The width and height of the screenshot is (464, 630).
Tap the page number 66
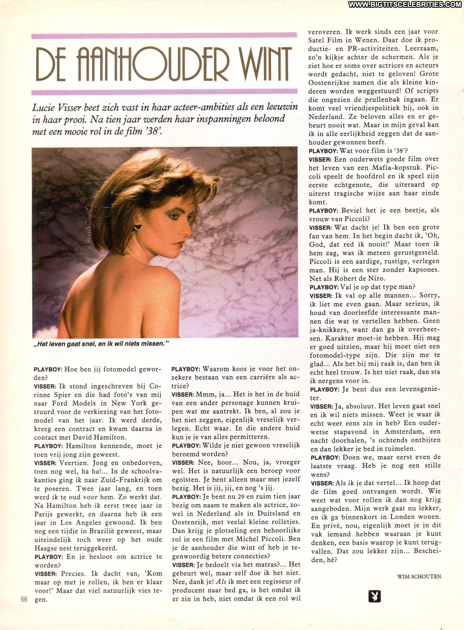24,600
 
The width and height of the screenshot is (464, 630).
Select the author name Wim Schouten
419,568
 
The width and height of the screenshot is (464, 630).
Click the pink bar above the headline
164,36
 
